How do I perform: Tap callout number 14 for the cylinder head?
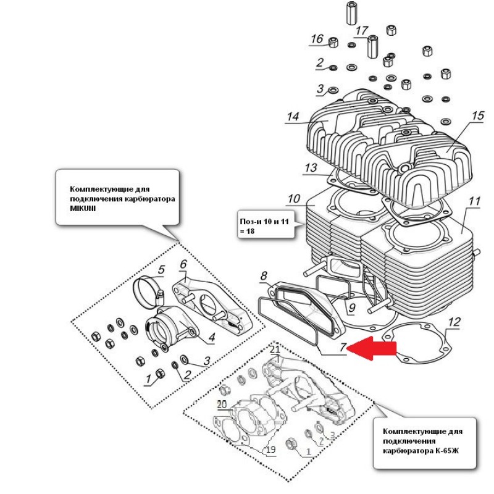tap(293, 117)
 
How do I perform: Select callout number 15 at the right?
tap(477, 116)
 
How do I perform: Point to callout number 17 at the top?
tap(361, 30)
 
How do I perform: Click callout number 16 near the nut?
tap(317, 40)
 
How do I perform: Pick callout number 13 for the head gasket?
tap(311, 168)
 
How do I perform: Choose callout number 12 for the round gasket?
tap(454, 322)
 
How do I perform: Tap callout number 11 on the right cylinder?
tap(474, 202)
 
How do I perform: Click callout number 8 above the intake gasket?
tap(264, 275)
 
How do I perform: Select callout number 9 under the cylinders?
tap(351, 307)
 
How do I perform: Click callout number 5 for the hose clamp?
tap(161, 270)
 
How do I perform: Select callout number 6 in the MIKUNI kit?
tap(183, 264)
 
